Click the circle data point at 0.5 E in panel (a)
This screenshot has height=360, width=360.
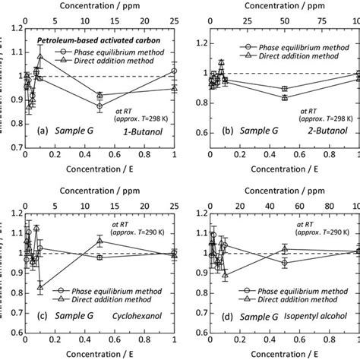(x=99, y=106)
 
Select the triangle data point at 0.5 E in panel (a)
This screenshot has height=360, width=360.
(x=99, y=96)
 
